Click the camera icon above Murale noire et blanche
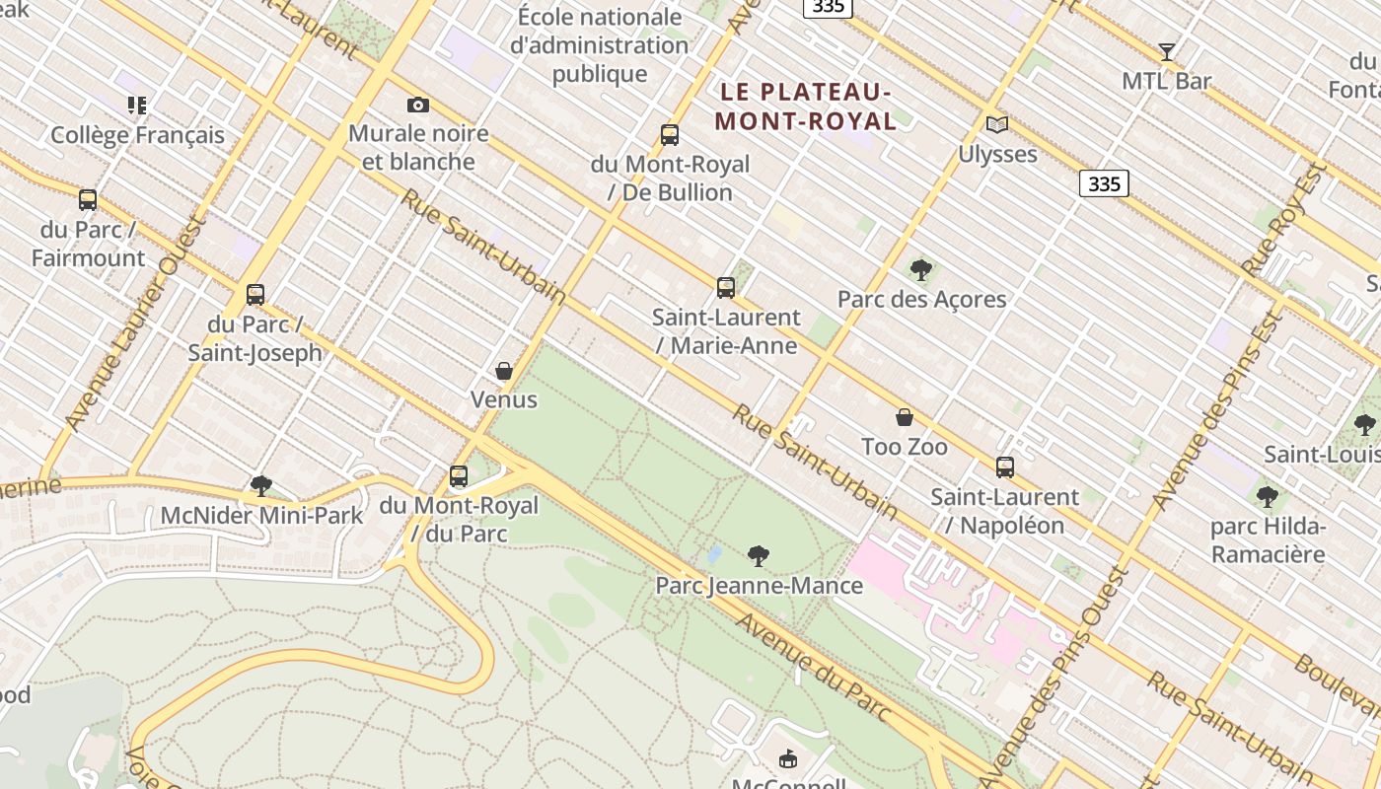coord(418,105)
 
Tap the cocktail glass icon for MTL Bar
coord(1167,52)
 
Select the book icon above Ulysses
coord(997,124)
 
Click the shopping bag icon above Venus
coord(504,371)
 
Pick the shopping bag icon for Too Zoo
coord(905,417)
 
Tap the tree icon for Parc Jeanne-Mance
coord(759,556)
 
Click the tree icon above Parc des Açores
coord(921,269)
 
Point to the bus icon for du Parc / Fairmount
coord(88,200)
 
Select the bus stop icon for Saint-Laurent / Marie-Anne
coord(726,288)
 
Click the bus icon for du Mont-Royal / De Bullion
coord(670,135)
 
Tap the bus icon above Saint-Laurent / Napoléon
coord(1005,467)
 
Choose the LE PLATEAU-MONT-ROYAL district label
coord(806,107)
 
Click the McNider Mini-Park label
coord(261,515)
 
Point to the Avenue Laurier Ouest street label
coord(132,324)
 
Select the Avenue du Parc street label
coord(814,667)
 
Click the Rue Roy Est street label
coord(1282,220)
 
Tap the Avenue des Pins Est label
coord(1221,411)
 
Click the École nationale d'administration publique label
coord(600,45)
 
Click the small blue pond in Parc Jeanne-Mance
coord(715,554)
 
